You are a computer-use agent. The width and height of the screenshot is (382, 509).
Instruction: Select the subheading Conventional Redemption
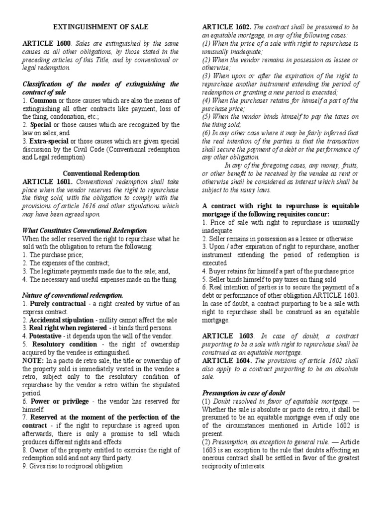(101, 173)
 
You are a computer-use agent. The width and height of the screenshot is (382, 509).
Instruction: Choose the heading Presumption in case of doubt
(244, 393)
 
